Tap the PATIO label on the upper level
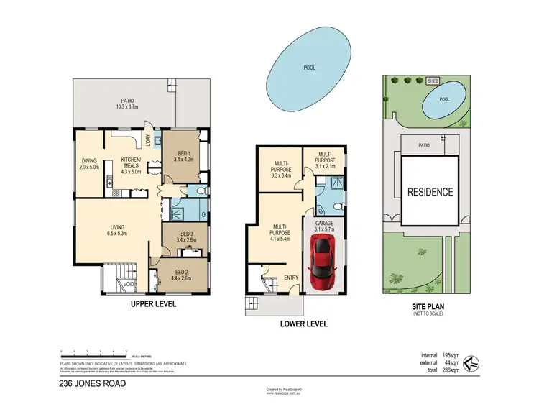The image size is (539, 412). click(128, 104)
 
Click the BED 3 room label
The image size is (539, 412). click(185, 237)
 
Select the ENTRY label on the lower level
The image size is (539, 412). click(292, 278)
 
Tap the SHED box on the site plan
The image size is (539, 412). click(433, 81)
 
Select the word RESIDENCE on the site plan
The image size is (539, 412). click(430, 192)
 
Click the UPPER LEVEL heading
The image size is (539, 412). click(153, 304)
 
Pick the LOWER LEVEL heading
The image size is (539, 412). click(303, 324)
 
